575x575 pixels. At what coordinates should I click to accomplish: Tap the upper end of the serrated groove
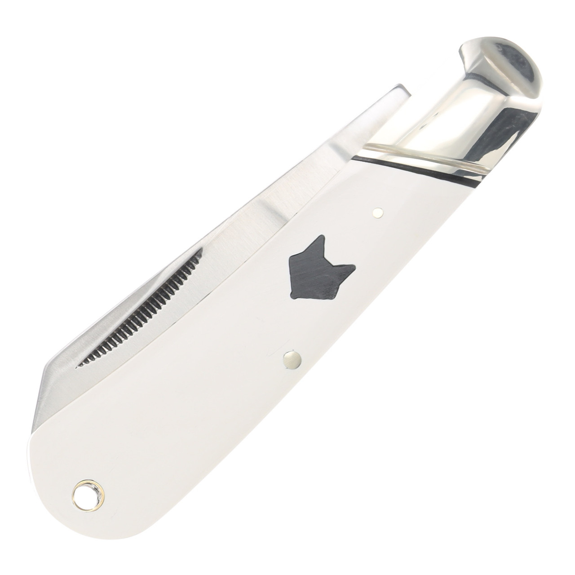point(198,252)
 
